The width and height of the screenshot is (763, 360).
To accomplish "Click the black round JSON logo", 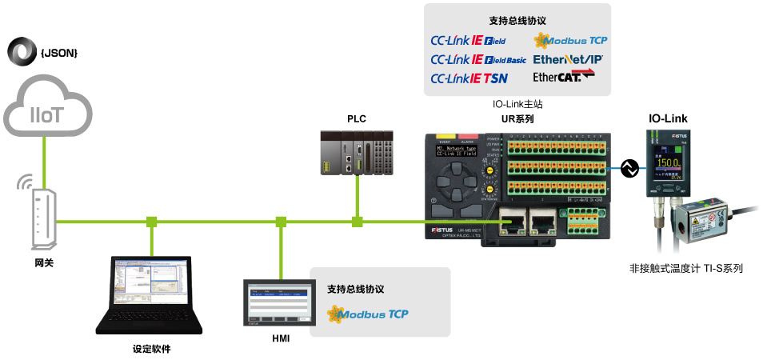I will (x=21, y=51).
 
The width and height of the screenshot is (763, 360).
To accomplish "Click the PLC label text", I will (x=356, y=118).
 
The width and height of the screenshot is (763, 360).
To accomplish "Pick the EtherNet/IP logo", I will (x=568, y=59).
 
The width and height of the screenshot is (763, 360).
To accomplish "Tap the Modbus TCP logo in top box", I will (x=571, y=39).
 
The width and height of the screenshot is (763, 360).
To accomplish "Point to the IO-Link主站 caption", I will (x=519, y=104).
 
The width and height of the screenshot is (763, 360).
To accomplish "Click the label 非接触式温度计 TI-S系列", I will (x=686, y=269).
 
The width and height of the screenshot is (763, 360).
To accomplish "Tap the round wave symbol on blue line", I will (x=629, y=168).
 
